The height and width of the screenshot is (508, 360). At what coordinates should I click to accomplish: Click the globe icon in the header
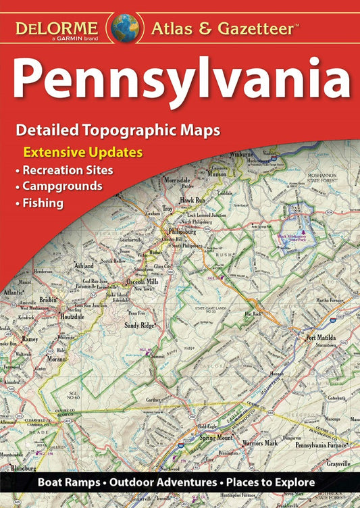[x=126, y=27]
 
